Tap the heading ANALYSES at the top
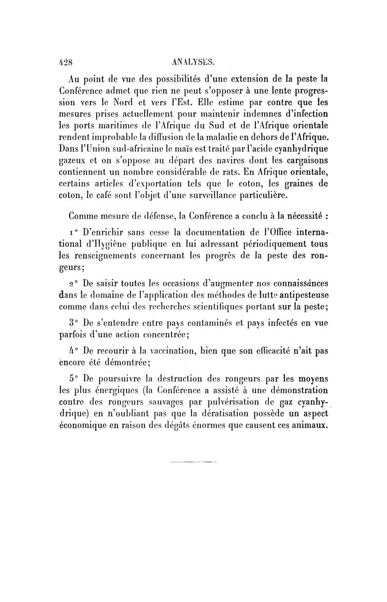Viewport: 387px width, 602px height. coord(193,61)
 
